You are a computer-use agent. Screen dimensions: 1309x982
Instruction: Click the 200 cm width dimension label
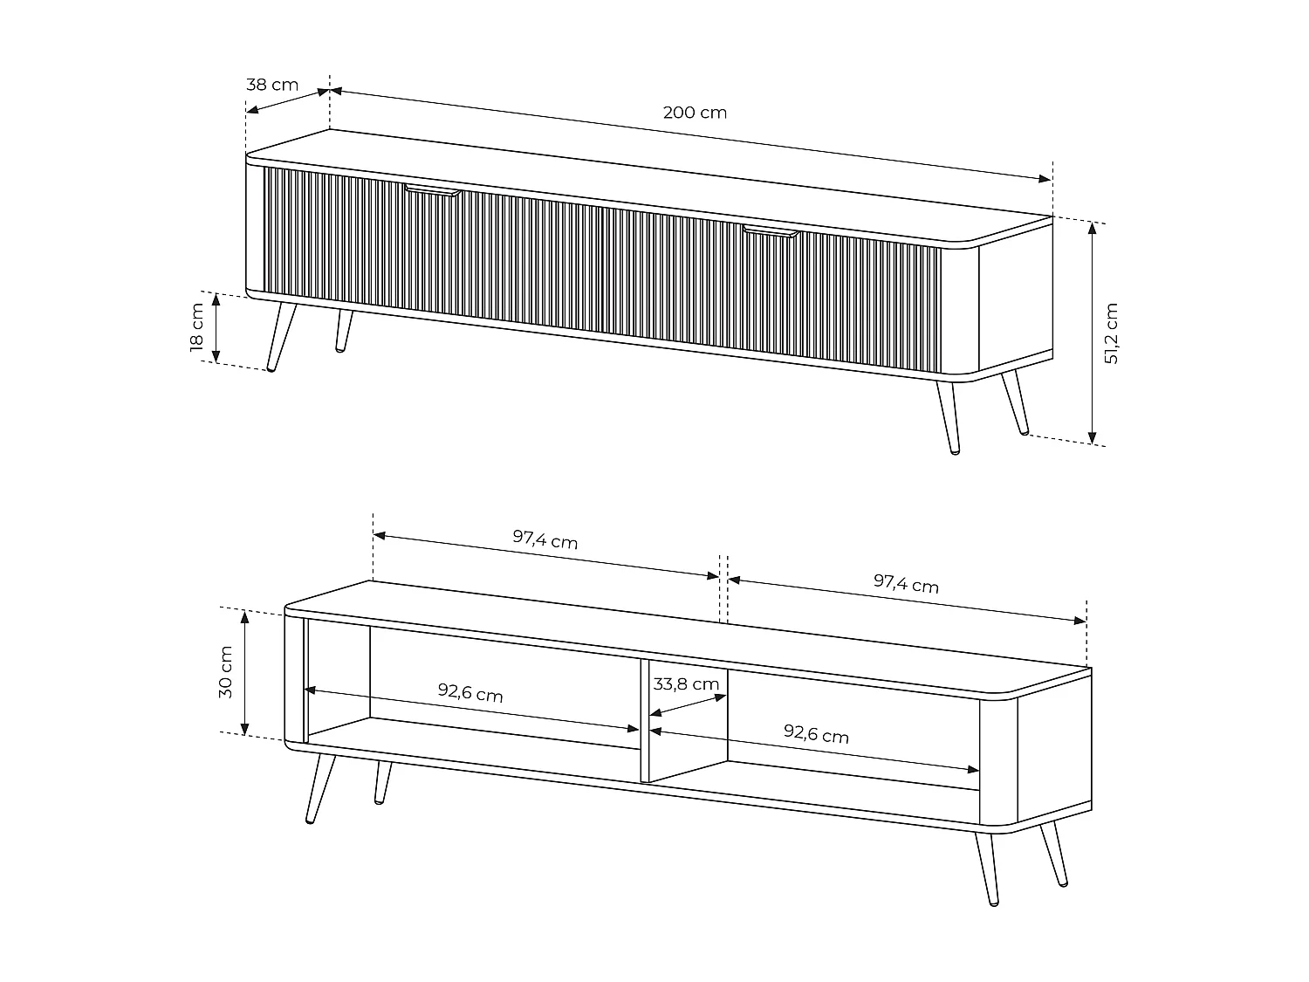click(695, 112)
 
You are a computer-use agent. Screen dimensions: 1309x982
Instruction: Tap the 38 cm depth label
click(272, 85)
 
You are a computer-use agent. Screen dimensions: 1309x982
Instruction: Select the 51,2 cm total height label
click(1111, 333)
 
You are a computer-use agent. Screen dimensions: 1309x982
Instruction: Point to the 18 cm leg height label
click(197, 327)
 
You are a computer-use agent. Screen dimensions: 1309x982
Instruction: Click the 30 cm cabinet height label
click(225, 672)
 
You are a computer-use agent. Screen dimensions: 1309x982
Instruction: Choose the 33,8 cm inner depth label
click(686, 683)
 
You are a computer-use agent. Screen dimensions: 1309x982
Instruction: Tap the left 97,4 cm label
click(545, 539)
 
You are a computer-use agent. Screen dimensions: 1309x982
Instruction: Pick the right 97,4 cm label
click(906, 583)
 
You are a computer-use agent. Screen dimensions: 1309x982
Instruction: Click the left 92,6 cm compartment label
click(469, 692)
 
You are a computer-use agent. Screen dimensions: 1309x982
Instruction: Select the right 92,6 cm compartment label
click(816, 734)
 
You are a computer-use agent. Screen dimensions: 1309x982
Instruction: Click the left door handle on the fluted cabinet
click(432, 190)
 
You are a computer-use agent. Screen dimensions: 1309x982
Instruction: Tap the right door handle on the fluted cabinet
click(771, 231)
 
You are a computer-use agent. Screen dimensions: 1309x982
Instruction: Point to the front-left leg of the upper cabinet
click(281, 338)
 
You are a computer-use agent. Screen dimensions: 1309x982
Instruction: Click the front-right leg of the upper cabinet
click(949, 417)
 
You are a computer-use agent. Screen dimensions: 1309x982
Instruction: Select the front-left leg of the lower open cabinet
click(320, 789)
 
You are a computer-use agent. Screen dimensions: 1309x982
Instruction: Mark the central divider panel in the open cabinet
click(645, 720)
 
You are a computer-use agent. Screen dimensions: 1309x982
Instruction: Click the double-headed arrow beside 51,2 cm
click(1092, 333)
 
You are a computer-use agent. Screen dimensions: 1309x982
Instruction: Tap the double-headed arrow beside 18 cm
click(216, 328)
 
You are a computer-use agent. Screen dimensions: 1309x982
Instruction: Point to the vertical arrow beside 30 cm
click(244, 672)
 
